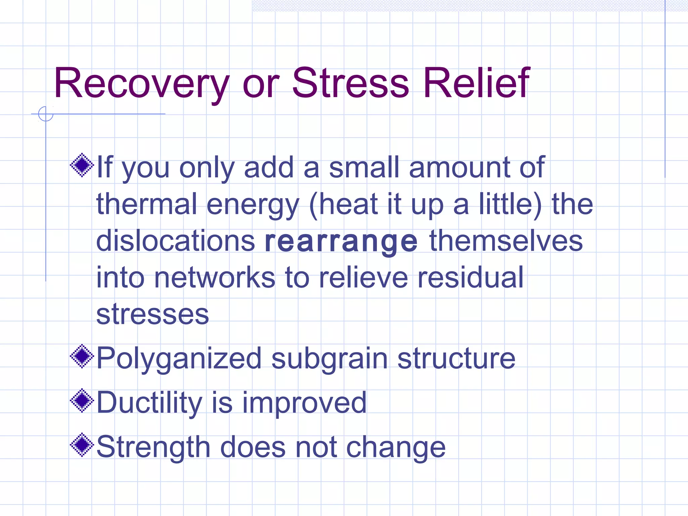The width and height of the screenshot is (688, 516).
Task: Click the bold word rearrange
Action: click(x=341, y=242)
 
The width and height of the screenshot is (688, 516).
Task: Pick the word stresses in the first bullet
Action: click(x=153, y=314)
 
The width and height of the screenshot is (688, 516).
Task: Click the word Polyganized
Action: click(x=179, y=359)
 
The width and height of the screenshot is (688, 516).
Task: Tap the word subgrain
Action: click(x=329, y=359)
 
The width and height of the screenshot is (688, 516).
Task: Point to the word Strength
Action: click(x=153, y=447)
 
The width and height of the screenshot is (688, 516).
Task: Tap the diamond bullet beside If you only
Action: click(x=82, y=165)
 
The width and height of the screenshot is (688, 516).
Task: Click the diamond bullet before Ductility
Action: click(x=82, y=400)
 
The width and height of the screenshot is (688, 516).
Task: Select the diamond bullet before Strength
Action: click(x=82, y=445)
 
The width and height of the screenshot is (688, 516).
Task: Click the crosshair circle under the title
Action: click(x=46, y=114)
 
